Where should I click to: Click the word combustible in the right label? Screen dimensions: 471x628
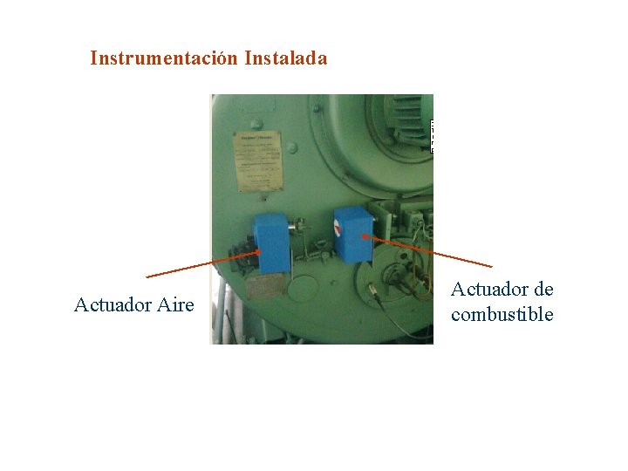[502, 315]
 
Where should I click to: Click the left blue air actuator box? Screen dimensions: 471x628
[272, 243]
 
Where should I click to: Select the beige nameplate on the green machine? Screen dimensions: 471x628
[258, 161]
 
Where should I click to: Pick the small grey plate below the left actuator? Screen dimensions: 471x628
[267, 287]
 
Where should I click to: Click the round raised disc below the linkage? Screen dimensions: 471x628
[304, 289]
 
